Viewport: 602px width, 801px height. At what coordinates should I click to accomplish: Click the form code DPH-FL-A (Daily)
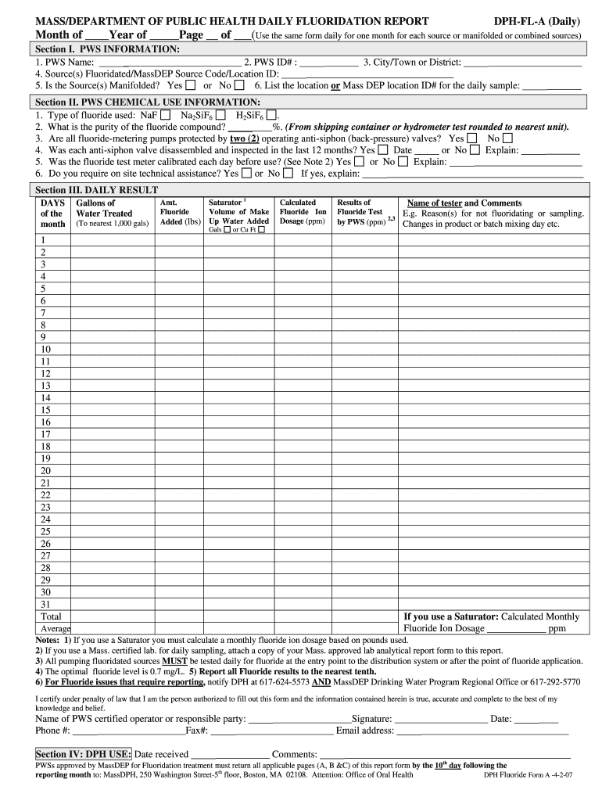535,21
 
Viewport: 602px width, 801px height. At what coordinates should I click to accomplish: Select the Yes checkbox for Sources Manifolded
191,85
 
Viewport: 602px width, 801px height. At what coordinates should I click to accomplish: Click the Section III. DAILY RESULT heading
97,190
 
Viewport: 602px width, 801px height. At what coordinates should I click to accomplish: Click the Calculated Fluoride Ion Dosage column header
303,212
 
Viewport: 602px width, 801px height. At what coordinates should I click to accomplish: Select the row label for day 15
45,410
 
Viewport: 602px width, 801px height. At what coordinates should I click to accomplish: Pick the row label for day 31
45,604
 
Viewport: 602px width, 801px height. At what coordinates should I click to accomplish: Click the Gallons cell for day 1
112,240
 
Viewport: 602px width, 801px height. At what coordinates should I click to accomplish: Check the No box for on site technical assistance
288,174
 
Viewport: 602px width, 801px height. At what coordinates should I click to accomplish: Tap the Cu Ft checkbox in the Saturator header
262,230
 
